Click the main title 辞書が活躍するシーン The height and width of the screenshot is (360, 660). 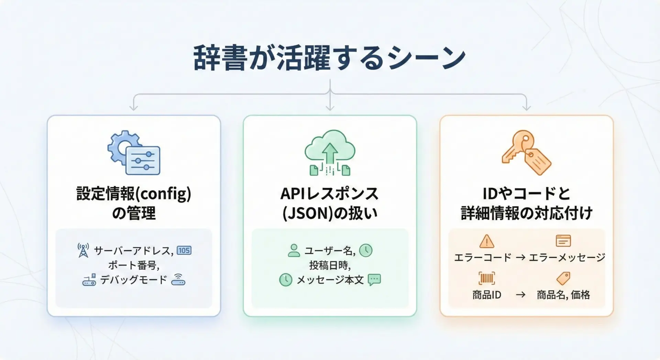pos(329,57)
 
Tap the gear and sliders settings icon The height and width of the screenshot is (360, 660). pos(134,153)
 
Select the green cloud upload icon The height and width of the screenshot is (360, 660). pos(330,152)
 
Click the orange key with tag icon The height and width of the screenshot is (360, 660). pos(526,152)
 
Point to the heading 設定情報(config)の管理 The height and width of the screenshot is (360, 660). pos(134,203)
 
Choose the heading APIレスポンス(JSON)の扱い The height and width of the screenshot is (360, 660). pos(330,203)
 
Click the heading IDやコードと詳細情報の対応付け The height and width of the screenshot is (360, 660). pos(526,203)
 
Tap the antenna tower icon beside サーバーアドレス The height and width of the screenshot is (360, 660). pos(83,250)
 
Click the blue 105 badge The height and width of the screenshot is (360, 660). pos(184,250)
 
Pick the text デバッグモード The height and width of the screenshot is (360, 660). pos(134,280)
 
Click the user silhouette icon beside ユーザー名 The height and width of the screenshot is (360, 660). pos(294,250)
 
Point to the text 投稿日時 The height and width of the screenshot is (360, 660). pos(330,265)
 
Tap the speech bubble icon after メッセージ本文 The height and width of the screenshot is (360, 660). pos(374,280)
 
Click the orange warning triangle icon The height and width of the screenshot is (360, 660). pos(486,241)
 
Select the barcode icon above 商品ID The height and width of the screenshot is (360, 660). pos(486,278)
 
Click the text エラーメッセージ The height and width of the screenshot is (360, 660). pos(567,257)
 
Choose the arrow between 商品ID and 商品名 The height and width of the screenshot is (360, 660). pos(520,295)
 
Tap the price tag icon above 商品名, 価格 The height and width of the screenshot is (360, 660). pos(563,278)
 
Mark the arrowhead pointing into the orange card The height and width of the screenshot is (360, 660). pos(526,108)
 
